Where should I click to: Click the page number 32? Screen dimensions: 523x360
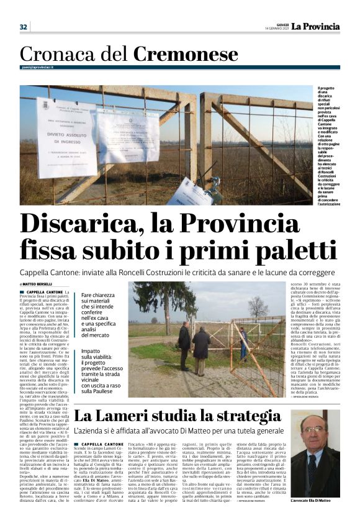click(x=24, y=27)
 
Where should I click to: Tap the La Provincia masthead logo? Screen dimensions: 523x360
click(x=316, y=26)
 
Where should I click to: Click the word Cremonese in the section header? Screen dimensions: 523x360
click(x=186, y=55)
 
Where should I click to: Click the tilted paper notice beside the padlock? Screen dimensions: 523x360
click(x=190, y=193)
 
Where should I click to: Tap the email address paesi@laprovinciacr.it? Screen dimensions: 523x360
click(x=37, y=68)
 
